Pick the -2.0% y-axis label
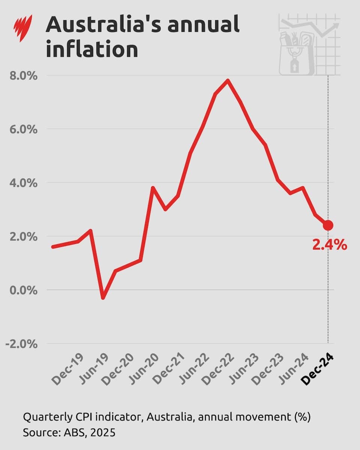pos(22,344)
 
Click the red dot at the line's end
pos(328,225)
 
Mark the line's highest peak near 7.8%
pos(228,80)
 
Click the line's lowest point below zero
pos(103,298)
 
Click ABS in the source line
pos(69,433)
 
